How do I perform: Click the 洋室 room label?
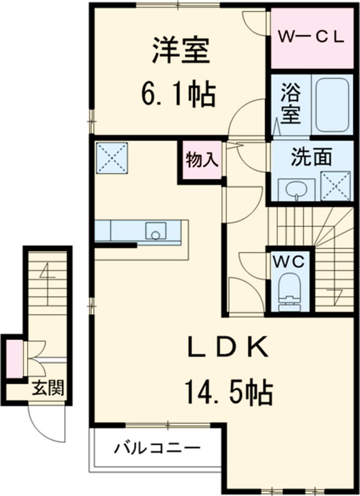(181, 51)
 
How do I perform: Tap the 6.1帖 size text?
(179, 95)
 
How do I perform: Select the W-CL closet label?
(311, 38)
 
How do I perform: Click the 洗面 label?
(311, 157)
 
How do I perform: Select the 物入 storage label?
(202, 159)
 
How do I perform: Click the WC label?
(289, 262)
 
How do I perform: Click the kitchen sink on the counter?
(155, 231)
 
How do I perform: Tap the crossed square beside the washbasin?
(335, 186)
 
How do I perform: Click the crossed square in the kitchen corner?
(112, 158)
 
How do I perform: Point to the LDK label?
(228, 346)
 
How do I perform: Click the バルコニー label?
(157, 448)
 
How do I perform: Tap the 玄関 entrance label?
(49, 387)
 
